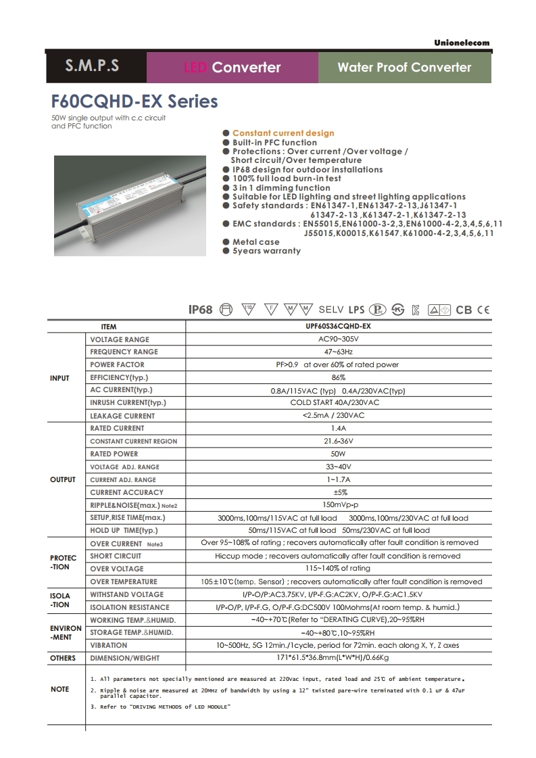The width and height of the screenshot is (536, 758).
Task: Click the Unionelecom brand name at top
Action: (x=462, y=43)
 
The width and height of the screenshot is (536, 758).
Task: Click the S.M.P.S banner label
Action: (x=92, y=66)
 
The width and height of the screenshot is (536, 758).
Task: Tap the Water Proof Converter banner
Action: (x=404, y=67)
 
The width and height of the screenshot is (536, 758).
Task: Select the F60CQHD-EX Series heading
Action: (x=135, y=101)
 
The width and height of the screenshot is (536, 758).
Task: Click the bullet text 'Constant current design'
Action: (x=283, y=133)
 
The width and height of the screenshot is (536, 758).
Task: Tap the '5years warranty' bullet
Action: (x=266, y=251)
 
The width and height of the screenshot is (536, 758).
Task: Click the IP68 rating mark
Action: (x=200, y=310)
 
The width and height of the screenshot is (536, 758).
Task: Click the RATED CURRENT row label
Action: (x=117, y=428)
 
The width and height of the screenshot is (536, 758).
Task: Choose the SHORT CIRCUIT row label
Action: (x=116, y=556)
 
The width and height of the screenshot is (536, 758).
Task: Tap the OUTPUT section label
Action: (x=63, y=479)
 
